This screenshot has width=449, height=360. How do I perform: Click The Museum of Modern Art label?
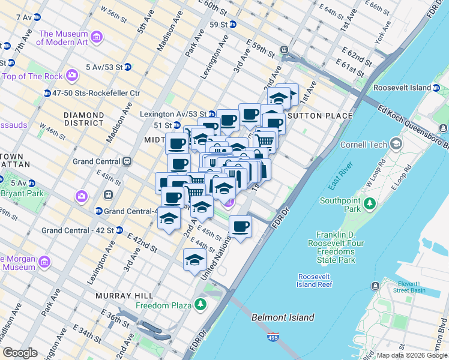(x=62, y=38)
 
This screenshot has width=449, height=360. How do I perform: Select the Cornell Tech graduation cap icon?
(x=396, y=144)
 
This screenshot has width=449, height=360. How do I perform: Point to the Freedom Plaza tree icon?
(x=200, y=305)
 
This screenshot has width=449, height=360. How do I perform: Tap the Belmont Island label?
(x=282, y=317)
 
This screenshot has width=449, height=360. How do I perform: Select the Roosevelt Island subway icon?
(x=436, y=88)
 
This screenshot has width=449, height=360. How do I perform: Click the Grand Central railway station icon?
(x=127, y=161)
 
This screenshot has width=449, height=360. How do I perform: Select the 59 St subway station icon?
(x=233, y=25)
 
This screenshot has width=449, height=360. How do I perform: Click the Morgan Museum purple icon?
(x=44, y=262)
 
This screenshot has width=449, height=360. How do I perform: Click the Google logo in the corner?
(x=20, y=353)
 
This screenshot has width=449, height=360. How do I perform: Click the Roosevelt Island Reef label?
(x=315, y=280)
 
